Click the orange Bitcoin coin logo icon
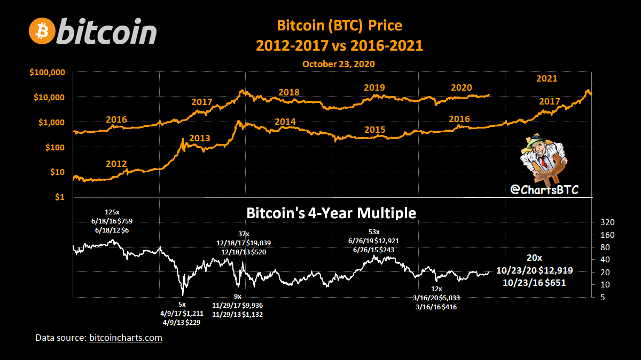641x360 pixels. (x=42, y=31)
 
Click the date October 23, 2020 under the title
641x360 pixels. (x=338, y=63)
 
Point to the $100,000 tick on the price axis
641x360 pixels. (x=50, y=72)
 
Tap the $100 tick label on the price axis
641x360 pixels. (x=56, y=147)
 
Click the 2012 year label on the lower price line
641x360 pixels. (x=117, y=163)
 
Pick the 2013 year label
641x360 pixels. (x=200, y=139)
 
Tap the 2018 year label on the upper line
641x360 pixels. (x=289, y=92)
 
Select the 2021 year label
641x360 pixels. (x=546, y=79)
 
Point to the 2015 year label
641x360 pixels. (x=375, y=130)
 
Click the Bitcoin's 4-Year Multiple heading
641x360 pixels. (x=331, y=213)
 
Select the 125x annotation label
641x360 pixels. (x=113, y=212)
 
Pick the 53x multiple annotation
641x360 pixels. (x=374, y=232)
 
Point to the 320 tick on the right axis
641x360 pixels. (x=607, y=222)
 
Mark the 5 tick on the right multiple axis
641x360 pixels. (x=601, y=297)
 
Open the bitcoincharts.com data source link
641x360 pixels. (x=126, y=338)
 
